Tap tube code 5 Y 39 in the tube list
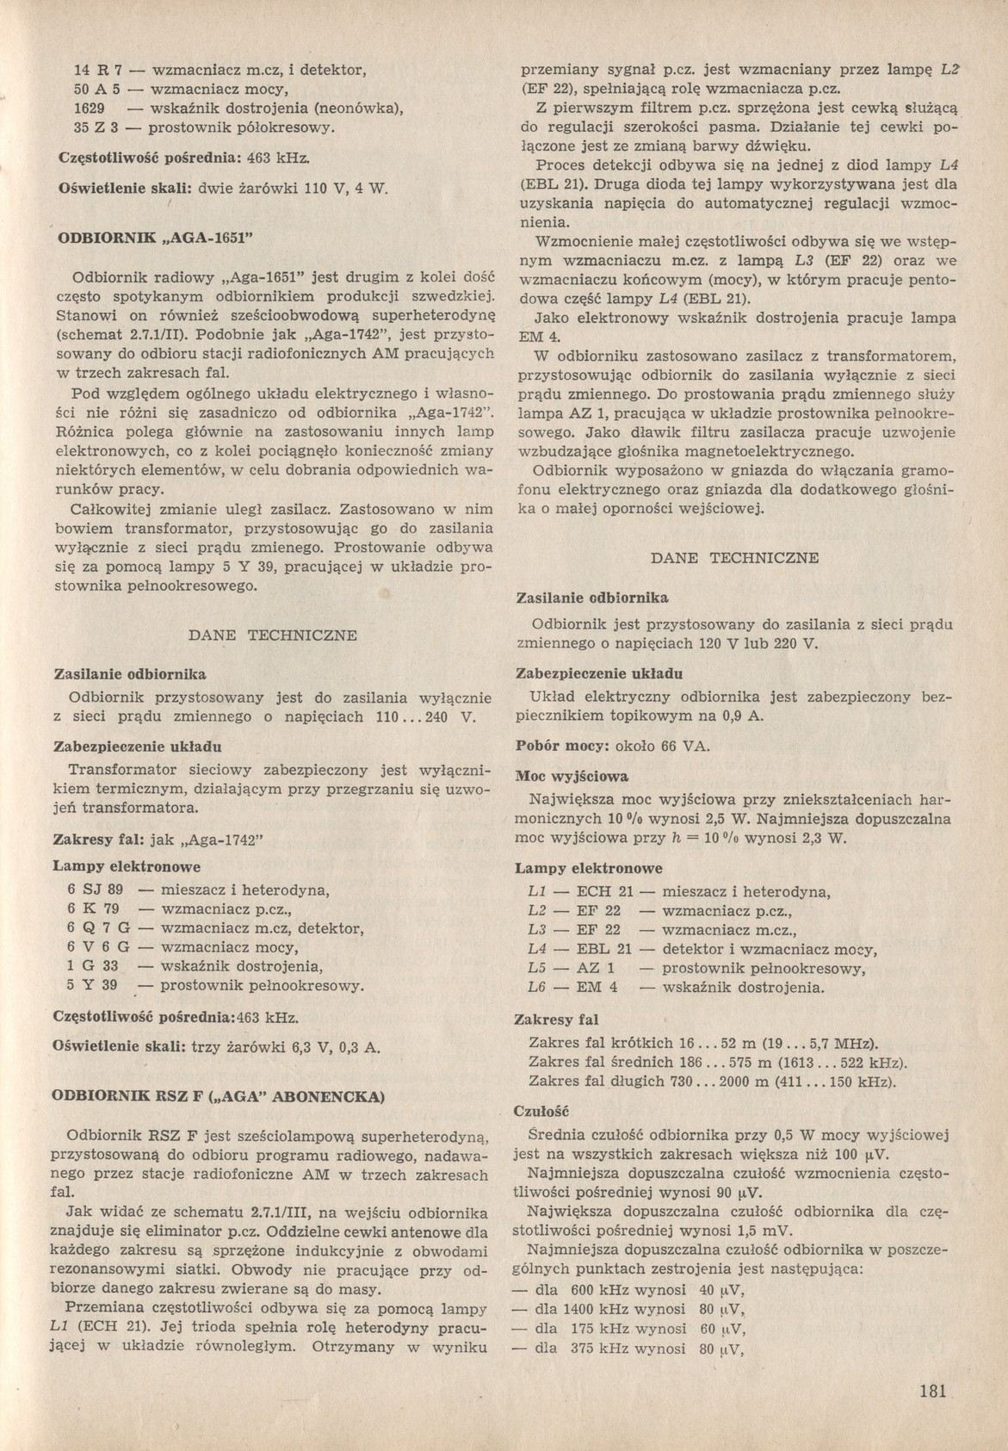point(92,984)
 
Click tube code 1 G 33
point(92,965)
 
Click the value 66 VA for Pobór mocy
point(683,745)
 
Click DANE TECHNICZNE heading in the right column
point(734,557)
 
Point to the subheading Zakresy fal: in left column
point(100,840)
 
